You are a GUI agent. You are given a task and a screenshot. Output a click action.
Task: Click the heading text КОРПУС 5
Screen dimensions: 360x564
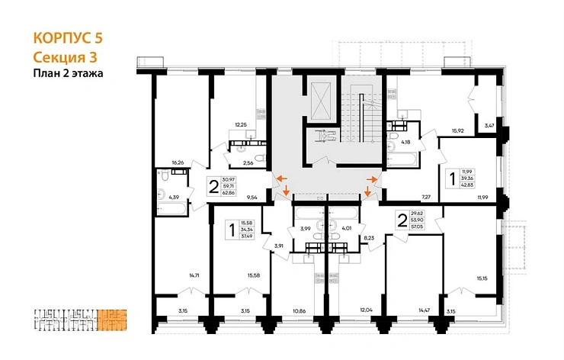coord(67,38)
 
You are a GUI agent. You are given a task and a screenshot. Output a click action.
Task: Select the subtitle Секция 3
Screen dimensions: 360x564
coord(66,56)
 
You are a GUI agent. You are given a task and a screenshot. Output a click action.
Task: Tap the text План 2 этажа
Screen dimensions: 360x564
coord(69,73)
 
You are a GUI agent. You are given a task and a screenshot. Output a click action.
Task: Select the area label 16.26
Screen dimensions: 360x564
coord(179,162)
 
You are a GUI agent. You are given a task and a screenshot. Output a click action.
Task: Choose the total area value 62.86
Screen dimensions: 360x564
coord(228,192)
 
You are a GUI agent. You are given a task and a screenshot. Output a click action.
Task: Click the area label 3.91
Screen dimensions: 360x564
coord(278,245)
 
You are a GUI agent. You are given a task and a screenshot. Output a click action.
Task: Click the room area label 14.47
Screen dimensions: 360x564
coord(425,311)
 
